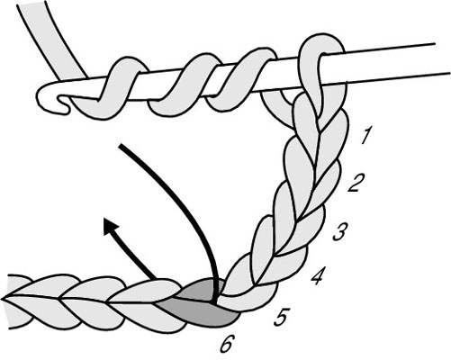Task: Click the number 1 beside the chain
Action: point(366,135)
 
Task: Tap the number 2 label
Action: point(356,182)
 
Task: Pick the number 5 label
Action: point(282,317)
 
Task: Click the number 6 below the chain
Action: point(228,344)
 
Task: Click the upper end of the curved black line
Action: point(120,146)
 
